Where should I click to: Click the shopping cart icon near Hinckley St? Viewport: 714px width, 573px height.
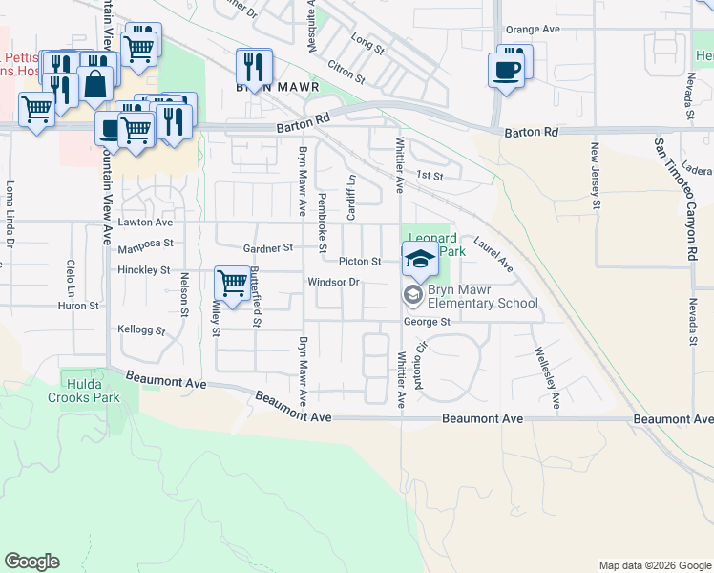(232, 282)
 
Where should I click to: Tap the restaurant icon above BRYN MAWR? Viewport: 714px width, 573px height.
(254, 66)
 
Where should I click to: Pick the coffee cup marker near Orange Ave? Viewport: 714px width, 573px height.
(506, 69)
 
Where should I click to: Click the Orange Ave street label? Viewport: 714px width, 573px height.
(533, 30)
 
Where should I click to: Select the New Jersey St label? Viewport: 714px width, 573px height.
(595, 176)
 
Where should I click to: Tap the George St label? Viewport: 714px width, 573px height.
(426, 322)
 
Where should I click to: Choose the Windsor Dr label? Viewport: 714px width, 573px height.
(332, 282)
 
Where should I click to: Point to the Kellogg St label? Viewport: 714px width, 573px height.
(141, 330)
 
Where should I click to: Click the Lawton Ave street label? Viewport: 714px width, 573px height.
(146, 222)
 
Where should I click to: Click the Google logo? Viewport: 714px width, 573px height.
(31, 562)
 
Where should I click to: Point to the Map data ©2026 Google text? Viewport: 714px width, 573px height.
(654, 565)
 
